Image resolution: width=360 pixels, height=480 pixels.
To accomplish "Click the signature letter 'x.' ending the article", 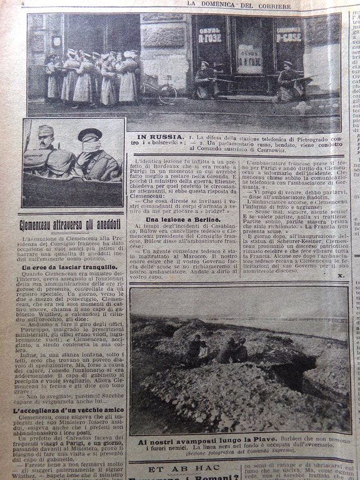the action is pos(340,274).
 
